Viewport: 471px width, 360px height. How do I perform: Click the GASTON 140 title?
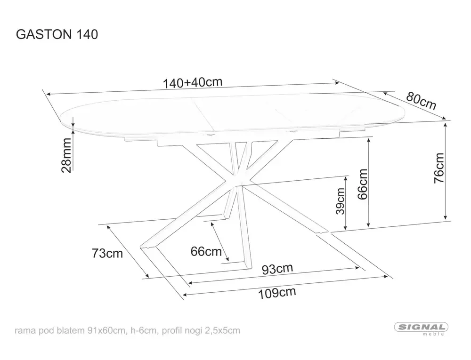57,34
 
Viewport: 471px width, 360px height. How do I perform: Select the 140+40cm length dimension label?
192,82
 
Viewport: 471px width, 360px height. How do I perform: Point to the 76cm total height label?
439,167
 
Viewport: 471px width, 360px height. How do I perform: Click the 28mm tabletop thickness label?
67,155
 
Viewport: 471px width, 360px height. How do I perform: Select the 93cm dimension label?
277,269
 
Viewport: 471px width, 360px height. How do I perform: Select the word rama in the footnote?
24,330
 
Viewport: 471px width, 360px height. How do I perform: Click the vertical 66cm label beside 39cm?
363,184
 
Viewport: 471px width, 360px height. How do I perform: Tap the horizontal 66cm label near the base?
206,252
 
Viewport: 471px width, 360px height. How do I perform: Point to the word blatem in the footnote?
70,330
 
